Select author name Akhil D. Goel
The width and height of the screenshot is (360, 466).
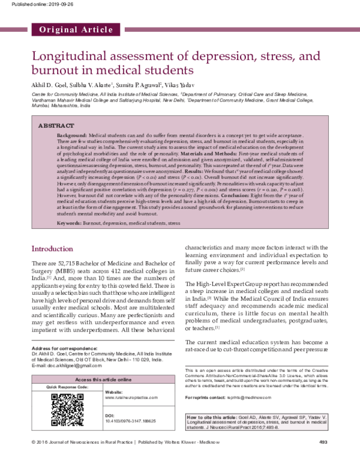(50, 86)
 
